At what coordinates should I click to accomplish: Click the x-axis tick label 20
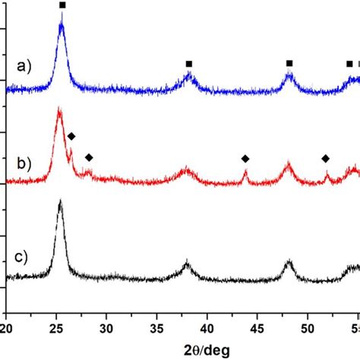pyautogui.click(x=8, y=328)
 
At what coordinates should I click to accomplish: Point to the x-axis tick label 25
pyautogui.click(x=57, y=328)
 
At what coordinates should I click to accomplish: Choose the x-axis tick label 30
pyautogui.click(x=107, y=328)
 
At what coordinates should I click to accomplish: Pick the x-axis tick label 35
pyautogui.click(x=157, y=328)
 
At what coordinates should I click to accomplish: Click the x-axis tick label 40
pyautogui.click(x=207, y=328)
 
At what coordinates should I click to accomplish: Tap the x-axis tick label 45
pyautogui.click(x=257, y=328)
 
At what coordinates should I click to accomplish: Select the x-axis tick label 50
pyautogui.click(x=308, y=328)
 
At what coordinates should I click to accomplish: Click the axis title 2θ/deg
pyautogui.click(x=182, y=349)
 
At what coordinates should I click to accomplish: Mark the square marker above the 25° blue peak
pyautogui.click(x=62, y=5)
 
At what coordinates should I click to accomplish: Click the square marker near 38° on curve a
pyautogui.click(x=189, y=64)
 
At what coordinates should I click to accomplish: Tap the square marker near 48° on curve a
pyautogui.click(x=289, y=63)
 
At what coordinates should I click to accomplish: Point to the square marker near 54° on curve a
pyautogui.click(x=349, y=64)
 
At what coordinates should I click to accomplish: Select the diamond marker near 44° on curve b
pyautogui.click(x=245, y=158)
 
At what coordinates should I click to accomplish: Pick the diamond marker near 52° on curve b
pyautogui.click(x=326, y=158)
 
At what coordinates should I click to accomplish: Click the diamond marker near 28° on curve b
pyautogui.click(x=89, y=157)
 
